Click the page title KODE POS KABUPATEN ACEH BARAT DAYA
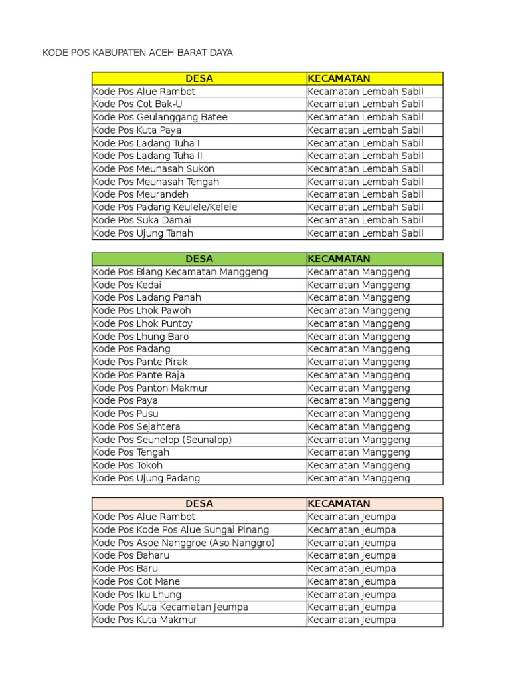click(137, 52)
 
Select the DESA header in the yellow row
click(199, 78)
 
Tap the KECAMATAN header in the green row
click(339, 259)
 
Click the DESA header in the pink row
click(199, 504)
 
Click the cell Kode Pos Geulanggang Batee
click(160, 117)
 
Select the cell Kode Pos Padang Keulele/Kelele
click(165, 207)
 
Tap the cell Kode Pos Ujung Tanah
click(143, 233)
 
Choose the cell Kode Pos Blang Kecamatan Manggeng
click(180, 272)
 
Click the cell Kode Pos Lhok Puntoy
click(143, 323)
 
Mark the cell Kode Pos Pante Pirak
click(140, 362)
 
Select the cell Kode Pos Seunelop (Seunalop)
click(162, 440)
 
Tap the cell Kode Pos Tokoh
click(127, 466)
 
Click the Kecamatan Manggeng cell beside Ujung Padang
click(359, 478)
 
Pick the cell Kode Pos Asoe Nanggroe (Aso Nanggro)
click(183, 543)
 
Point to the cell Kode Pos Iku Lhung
click(137, 595)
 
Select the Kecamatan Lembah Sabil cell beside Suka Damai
click(365, 220)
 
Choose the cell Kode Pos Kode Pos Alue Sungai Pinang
click(181, 530)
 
